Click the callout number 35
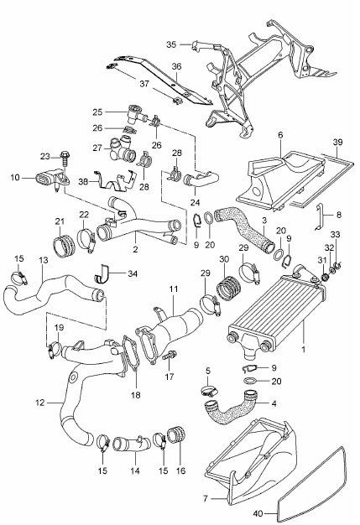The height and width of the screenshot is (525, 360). (x=171, y=44)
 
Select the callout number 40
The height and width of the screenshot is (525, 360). (x=258, y=512)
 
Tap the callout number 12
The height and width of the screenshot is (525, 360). (x=39, y=402)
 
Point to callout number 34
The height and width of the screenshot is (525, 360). (x=133, y=273)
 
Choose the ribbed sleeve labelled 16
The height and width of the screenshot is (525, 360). (x=176, y=434)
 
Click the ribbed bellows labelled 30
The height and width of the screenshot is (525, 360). (x=227, y=288)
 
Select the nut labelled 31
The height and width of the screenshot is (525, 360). (x=324, y=277)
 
